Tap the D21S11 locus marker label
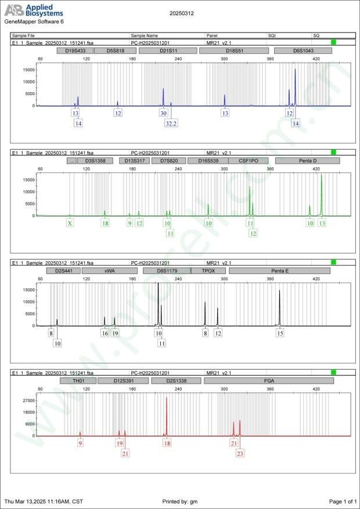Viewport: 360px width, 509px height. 168,50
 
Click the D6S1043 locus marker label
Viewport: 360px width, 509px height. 303,50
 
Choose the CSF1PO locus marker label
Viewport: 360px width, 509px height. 248,160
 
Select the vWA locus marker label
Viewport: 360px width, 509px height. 109,270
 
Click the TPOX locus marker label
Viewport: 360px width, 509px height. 208,270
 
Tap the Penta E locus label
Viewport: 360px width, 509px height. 279,270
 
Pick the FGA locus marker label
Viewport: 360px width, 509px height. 269,381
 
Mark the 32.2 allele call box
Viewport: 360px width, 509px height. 171,123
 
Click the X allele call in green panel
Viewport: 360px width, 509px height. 70,223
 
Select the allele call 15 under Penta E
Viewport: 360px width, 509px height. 280,333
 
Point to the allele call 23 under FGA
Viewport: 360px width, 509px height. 240,453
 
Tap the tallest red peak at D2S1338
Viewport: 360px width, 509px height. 167,398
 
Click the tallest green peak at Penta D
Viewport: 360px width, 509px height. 321,175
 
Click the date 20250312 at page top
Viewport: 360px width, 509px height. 182,12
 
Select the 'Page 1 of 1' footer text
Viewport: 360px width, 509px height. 342,501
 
